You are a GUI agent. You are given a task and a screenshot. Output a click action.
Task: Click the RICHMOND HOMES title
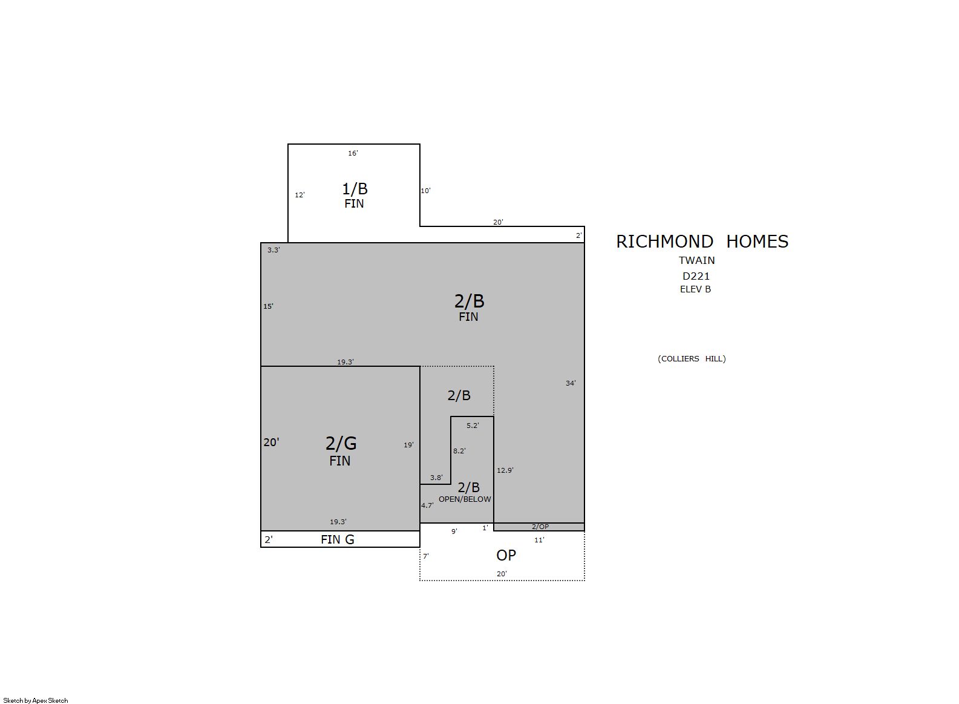pos(702,242)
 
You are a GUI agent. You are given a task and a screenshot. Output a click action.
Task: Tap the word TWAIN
pos(696,260)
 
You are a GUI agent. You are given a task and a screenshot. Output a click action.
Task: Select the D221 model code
pos(696,276)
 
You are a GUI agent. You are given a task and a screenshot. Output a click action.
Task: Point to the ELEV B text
pos(695,289)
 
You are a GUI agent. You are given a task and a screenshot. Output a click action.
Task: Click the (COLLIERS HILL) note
pos(692,359)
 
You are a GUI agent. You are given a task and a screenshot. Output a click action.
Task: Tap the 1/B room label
pos(355,189)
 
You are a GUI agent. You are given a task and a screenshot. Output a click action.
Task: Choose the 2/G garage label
pos(341,443)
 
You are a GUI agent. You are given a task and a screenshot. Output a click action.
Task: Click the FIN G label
pos(338,539)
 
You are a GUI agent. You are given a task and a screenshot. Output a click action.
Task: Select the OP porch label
pos(506,556)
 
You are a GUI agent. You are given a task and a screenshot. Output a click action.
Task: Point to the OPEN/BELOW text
pos(465,499)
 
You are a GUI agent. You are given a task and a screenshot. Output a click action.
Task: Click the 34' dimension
pos(571,383)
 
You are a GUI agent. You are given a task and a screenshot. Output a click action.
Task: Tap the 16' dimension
pos(353,153)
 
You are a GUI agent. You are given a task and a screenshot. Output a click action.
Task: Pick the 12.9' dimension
pos(505,470)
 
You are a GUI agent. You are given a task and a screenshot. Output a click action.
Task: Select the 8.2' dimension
pos(459,451)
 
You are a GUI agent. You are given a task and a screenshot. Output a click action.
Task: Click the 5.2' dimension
pos(473,426)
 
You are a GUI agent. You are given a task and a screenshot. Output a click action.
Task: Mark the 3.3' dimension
pos(273,250)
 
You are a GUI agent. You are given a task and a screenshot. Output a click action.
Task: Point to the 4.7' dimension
pos(427,505)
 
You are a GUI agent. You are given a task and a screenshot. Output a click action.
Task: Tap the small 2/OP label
pos(540,527)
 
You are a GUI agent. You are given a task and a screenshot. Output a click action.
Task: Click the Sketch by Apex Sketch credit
pos(36,700)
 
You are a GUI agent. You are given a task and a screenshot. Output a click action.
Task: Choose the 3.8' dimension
pos(436,478)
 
